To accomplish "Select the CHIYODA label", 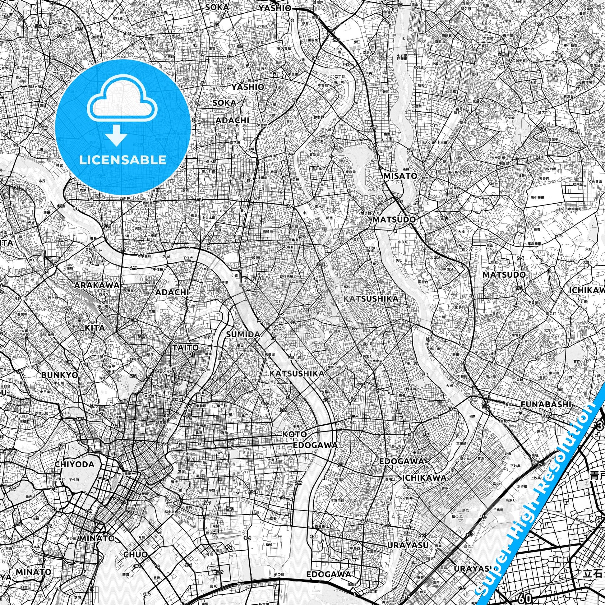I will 75,464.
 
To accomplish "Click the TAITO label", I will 185,347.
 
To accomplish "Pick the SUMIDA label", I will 243,335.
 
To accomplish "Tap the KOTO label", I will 294,434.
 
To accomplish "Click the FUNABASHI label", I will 546,404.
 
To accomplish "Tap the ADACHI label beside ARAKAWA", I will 172,292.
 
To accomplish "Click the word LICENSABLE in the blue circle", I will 122,160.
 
